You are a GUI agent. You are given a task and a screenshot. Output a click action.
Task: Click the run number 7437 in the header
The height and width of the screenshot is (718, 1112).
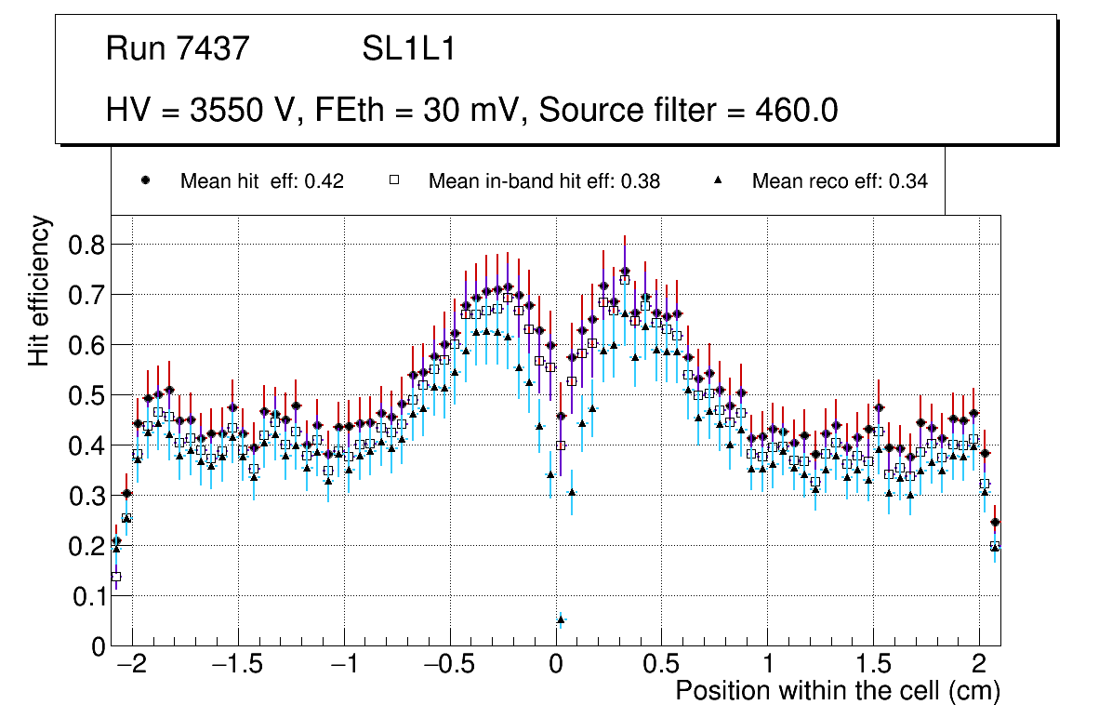pyautogui.click(x=214, y=49)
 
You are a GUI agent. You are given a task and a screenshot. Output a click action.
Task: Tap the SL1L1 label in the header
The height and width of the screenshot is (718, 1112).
pyautogui.click(x=409, y=49)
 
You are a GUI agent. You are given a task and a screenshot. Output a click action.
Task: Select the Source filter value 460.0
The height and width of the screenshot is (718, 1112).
pyautogui.click(x=794, y=111)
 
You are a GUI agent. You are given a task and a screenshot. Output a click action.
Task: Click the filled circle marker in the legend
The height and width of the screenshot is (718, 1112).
pyautogui.click(x=144, y=180)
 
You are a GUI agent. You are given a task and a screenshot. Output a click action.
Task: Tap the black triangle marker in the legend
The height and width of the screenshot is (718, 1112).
pyautogui.click(x=719, y=180)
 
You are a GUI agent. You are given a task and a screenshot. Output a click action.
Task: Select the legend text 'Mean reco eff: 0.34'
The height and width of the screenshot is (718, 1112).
pyautogui.click(x=840, y=181)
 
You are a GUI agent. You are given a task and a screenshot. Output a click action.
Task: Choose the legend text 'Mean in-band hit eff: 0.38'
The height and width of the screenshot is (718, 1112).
pyautogui.click(x=544, y=181)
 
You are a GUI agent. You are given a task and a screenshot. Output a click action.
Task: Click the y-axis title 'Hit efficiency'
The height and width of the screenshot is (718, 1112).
pyautogui.click(x=39, y=291)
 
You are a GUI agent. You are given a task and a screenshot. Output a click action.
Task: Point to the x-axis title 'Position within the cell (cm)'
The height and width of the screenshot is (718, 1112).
pyautogui.click(x=838, y=691)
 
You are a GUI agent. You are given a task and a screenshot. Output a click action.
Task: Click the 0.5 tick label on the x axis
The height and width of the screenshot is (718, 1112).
pyautogui.click(x=661, y=666)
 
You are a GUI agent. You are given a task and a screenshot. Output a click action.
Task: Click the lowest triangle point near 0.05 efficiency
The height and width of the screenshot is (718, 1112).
pyautogui.click(x=561, y=619)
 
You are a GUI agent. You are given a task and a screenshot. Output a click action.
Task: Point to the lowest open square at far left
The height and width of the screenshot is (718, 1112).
pyautogui.click(x=116, y=577)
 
